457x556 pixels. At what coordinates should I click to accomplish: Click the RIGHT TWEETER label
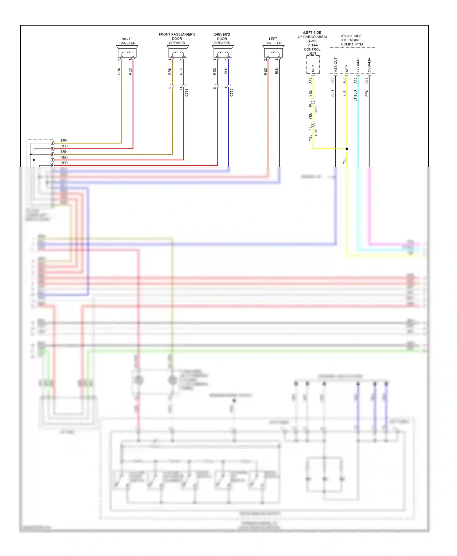(x=127, y=41)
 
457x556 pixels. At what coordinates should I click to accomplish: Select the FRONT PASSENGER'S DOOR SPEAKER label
(x=177, y=39)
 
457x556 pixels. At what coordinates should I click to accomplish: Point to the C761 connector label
(x=187, y=93)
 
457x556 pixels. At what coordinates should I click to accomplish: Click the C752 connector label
(x=232, y=93)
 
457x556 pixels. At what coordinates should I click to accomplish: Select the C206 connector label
(x=316, y=109)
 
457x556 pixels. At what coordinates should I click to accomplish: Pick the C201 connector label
(x=316, y=132)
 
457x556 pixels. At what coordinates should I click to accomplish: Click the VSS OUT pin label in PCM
(x=335, y=65)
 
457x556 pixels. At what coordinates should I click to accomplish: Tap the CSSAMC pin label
(x=358, y=65)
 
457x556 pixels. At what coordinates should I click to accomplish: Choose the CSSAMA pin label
(x=369, y=65)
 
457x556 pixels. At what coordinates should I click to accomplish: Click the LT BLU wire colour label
(x=355, y=96)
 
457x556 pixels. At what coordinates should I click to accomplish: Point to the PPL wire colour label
(x=367, y=93)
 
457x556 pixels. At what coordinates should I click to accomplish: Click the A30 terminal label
(x=333, y=80)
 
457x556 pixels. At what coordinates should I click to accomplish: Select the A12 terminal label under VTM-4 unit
(x=310, y=80)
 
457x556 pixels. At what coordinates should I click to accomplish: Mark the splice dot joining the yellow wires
(x=347, y=149)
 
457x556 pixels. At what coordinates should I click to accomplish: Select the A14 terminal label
(x=367, y=80)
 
